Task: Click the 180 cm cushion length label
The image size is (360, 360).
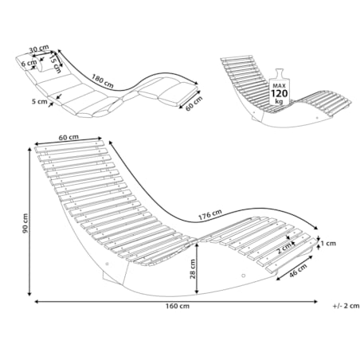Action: tap(103, 80)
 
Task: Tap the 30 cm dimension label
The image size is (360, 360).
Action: tap(39, 49)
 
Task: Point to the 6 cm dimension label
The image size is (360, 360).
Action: tap(29, 64)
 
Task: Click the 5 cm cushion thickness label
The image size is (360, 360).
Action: tap(39, 101)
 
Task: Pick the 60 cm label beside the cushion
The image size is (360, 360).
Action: tap(194, 104)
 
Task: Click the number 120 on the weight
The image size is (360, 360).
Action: tap(279, 93)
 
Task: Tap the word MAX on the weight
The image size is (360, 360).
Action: tap(279, 86)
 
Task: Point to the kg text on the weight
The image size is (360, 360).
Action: tap(279, 101)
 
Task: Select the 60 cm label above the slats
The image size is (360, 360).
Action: tap(68, 137)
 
